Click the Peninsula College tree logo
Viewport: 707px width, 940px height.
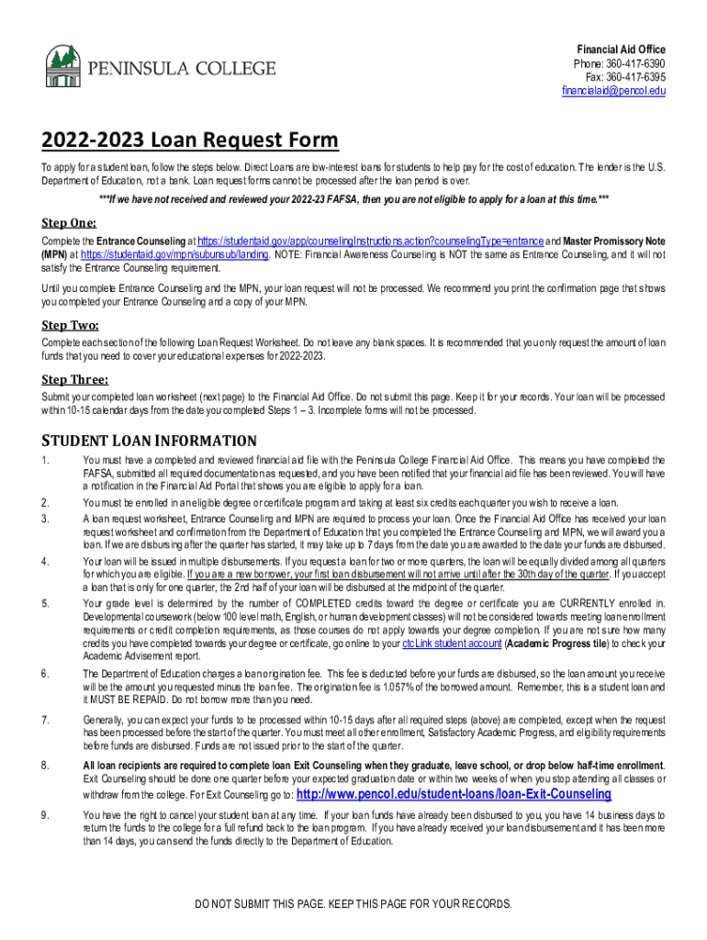pos(62,65)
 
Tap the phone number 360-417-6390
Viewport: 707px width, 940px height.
pos(634,63)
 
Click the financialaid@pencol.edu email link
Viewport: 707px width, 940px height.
pos(613,92)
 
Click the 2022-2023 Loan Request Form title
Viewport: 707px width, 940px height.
pos(189,140)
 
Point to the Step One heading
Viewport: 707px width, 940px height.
pos(69,222)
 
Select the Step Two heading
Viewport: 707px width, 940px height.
pos(70,324)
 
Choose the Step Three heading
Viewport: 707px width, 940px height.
pos(75,380)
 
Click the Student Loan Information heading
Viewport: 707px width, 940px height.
pos(149,441)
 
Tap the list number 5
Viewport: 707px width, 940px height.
pos(45,602)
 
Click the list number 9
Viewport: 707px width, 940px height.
pos(45,814)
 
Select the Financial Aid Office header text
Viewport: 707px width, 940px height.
pos(621,49)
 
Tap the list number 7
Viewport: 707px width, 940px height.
pos(45,719)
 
